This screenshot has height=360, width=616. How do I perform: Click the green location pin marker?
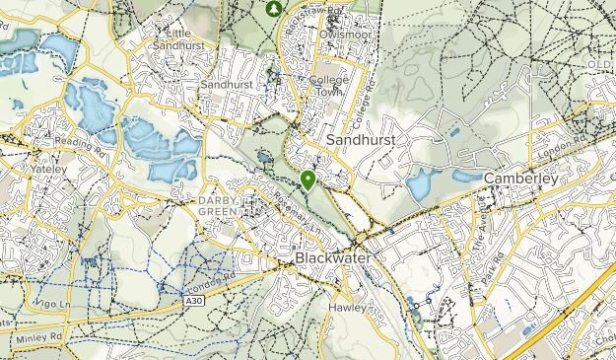[308, 180]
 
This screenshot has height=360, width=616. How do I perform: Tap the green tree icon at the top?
[274, 8]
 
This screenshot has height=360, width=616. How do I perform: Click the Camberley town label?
[521, 179]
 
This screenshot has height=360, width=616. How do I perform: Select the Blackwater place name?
[334, 257]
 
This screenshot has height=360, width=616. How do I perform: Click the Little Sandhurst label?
[178, 36]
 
